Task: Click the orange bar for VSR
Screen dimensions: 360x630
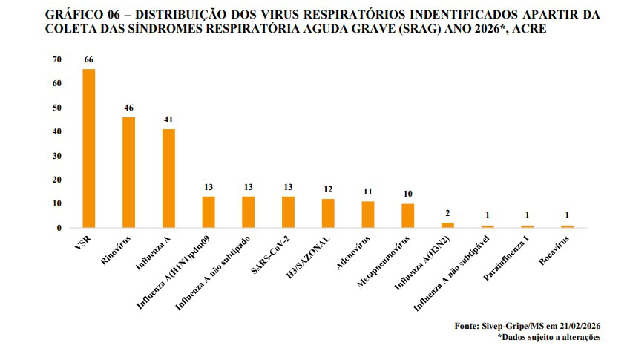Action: [x=88, y=148]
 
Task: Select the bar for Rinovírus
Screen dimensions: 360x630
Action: [x=128, y=172]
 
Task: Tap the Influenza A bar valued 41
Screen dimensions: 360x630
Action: [x=168, y=178]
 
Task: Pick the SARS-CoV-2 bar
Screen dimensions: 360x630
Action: [x=288, y=212]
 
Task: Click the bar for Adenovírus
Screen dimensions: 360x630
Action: [x=367, y=214]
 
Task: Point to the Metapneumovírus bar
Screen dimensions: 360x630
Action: [x=407, y=215]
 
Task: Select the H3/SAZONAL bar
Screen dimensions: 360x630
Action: [x=328, y=213]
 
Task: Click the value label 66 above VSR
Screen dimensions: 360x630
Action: [x=88, y=59]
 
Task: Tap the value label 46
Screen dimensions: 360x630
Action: [x=128, y=108]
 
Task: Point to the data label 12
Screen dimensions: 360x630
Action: [x=328, y=189]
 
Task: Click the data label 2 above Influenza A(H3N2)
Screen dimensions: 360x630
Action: [x=447, y=214]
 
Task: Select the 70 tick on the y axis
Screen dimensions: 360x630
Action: [x=57, y=59]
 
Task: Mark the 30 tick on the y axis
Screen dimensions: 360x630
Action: [x=57, y=156]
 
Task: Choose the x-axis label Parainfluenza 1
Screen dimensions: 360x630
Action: [x=508, y=260]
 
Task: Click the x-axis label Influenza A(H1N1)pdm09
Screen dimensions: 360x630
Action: [x=176, y=271]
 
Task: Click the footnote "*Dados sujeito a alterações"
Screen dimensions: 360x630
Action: [x=550, y=337]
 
